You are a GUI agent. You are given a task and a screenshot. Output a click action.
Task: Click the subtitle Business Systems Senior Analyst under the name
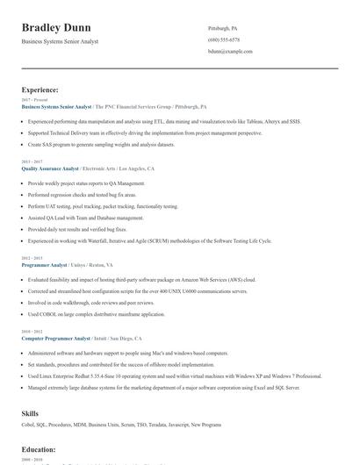pyautogui.click(x=60, y=41)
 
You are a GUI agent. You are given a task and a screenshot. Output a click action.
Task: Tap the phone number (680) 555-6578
pyautogui.click(x=224, y=40)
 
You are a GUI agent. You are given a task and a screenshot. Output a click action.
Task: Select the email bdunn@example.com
pyautogui.click(x=230, y=53)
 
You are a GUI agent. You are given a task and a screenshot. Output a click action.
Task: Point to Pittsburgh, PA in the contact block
pyautogui.click(x=222, y=28)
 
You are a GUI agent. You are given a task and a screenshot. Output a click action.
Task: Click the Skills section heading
pyautogui.click(x=31, y=411)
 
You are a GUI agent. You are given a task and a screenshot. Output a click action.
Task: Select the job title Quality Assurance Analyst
pyautogui.click(x=51, y=168)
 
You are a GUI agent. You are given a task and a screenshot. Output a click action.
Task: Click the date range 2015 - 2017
pyautogui.click(x=32, y=161)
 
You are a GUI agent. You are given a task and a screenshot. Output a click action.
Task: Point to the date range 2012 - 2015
pyautogui.click(x=32, y=258)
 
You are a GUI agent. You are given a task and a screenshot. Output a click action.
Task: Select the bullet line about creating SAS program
pyautogui.click(x=95, y=144)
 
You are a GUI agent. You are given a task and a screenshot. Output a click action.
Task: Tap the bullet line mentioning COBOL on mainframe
pyautogui.click(x=96, y=313)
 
